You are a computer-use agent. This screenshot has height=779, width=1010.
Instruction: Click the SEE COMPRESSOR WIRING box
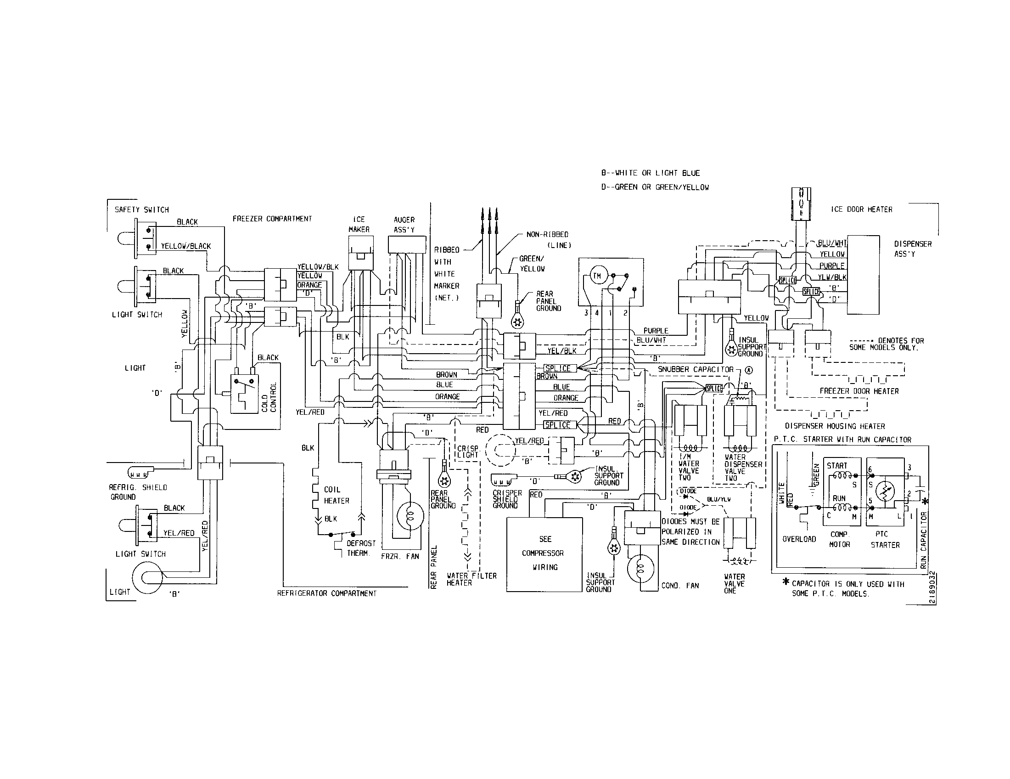[x=544, y=554]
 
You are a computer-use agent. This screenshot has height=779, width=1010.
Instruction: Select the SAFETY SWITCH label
[x=141, y=209]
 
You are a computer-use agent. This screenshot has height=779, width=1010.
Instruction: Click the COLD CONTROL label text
[x=269, y=397]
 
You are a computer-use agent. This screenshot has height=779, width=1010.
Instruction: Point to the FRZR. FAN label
[x=400, y=557]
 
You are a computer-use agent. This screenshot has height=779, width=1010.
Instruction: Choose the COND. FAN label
[x=680, y=586]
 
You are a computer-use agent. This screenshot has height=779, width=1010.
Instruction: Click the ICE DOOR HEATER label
[x=862, y=209]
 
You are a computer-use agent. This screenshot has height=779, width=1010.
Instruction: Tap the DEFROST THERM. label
[x=361, y=548]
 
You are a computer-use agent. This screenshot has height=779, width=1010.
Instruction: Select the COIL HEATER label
[x=336, y=495]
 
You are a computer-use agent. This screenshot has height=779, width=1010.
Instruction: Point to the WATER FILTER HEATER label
[x=471, y=579]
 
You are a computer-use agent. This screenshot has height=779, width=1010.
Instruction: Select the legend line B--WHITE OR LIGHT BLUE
[x=650, y=173]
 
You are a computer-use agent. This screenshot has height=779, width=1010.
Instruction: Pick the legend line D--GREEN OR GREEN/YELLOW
[x=654, y=187]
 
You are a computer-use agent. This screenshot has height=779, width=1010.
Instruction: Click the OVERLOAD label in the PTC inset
[x=799, y=539]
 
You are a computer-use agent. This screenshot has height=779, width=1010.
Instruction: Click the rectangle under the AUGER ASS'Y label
[x=407, y=244]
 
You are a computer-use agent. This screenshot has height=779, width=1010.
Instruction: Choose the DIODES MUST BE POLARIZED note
[x=690, y=532]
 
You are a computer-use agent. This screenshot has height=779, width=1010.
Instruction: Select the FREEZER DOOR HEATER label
[x=859, y=391]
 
